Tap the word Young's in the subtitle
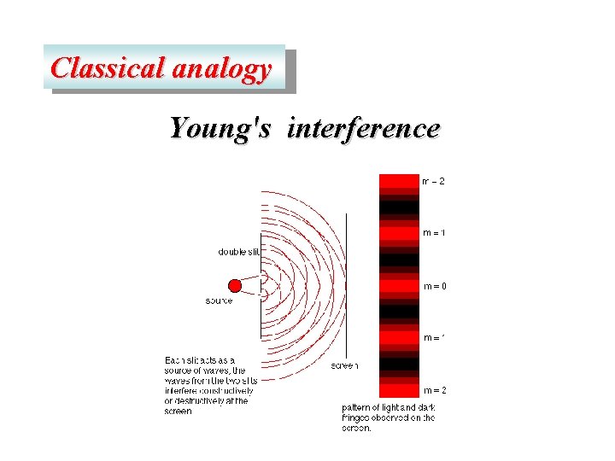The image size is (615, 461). click(220, 128)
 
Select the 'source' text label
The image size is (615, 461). click(220, 301)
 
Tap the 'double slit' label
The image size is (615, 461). click(238, 252)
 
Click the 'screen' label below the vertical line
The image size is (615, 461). click(345, 365)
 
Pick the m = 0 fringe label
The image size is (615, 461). click(434, 286)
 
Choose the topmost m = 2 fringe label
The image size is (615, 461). click(433, 181)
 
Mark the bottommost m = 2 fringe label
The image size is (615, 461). click(434, 390)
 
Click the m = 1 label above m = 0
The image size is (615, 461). click(434, 233)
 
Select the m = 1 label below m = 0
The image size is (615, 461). click(434, 337)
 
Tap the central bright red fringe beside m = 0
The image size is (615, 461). click(399, 286)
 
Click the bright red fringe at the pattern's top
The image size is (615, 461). click(399, 181)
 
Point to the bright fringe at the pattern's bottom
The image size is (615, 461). click(399, 389)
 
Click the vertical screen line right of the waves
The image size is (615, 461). click(346, 282)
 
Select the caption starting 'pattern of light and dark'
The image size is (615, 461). click(389, 418)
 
